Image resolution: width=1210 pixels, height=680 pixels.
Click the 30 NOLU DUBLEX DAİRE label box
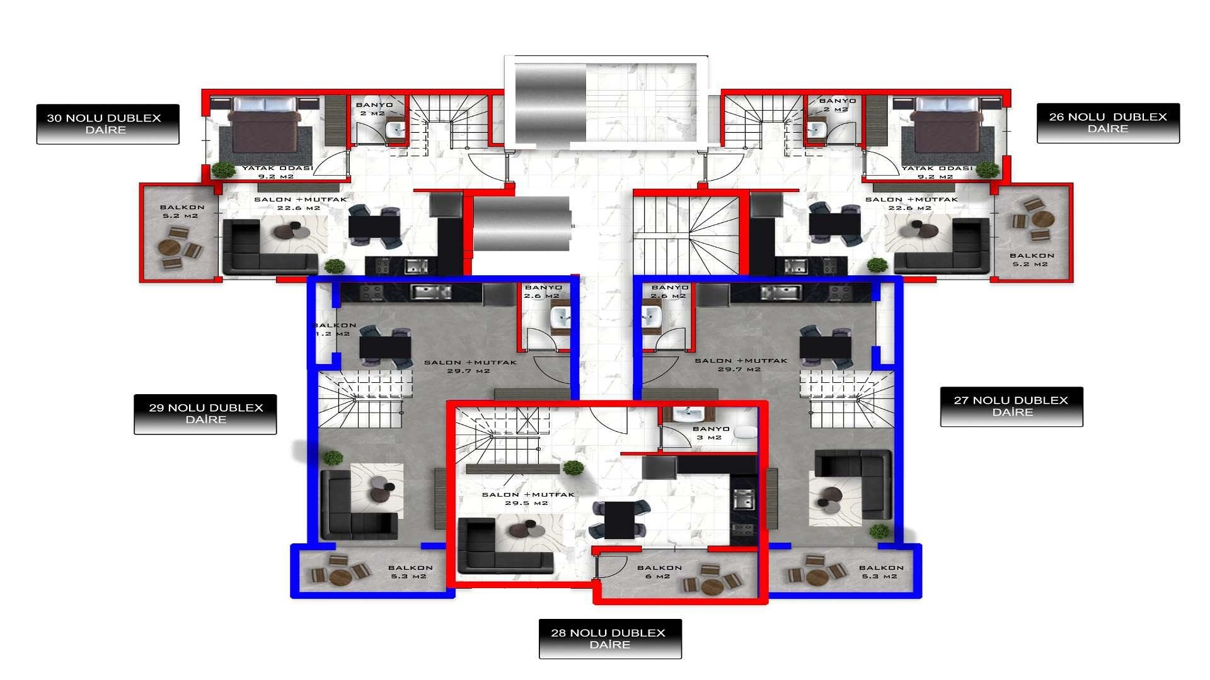click(x=107, y=124)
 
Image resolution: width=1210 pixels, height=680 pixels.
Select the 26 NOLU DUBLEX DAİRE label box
click(x=1108, y=123)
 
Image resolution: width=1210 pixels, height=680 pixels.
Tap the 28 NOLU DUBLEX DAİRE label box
click(x=609, y=638)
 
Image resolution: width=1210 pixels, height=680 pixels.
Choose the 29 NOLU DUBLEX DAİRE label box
click(x=205, y=414)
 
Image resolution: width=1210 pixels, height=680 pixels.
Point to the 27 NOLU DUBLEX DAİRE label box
click(x=1011, y=406)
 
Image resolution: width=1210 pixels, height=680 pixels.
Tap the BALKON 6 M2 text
click(x=659, y=572)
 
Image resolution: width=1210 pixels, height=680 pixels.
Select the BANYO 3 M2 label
click(x=710, y=433)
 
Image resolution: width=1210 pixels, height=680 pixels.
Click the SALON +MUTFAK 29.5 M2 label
click(x=528, y=499)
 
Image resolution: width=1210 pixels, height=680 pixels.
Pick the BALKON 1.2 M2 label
click(x=334, y=329)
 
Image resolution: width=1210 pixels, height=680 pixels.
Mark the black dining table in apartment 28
click(x=619, y=519)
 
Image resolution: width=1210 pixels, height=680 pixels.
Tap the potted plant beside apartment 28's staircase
click(x=573, y=467)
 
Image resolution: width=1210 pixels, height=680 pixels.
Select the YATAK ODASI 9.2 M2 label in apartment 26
click(x=936, y=172)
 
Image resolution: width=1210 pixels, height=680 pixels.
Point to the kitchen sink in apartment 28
click(x=744, y=500)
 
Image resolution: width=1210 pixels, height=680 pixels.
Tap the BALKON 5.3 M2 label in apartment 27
click(x=880, y=572)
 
